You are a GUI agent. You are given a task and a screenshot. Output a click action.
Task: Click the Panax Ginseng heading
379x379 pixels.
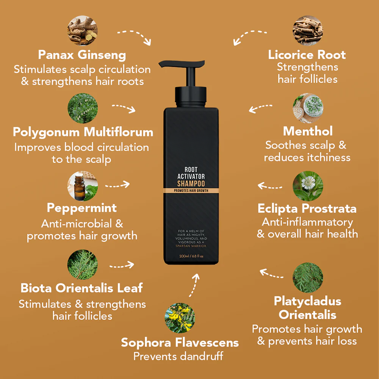point(82,55)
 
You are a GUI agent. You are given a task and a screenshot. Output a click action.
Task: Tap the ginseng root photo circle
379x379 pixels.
point(83,30)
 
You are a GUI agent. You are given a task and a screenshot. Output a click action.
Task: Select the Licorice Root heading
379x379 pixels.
point(307,55)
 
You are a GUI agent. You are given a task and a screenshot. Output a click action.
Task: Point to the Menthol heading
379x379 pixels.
point(308,131)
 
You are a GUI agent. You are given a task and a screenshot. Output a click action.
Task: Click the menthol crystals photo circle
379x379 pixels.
point(308,108)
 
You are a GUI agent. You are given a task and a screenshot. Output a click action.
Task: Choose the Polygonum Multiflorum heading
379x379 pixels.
point(83,132)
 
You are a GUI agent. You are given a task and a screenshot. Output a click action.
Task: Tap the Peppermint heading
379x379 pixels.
point(82,208)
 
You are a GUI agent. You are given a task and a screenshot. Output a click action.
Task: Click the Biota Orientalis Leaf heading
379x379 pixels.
point(82,288)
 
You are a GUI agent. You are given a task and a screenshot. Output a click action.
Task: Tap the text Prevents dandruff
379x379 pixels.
point(178,356)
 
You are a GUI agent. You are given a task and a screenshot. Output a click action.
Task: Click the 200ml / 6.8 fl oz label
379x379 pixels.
point(191,256)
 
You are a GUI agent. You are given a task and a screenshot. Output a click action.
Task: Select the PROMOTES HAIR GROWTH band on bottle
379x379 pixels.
point(191,190)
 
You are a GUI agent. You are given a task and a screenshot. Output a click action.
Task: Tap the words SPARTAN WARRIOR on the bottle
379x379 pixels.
point(191,246)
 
